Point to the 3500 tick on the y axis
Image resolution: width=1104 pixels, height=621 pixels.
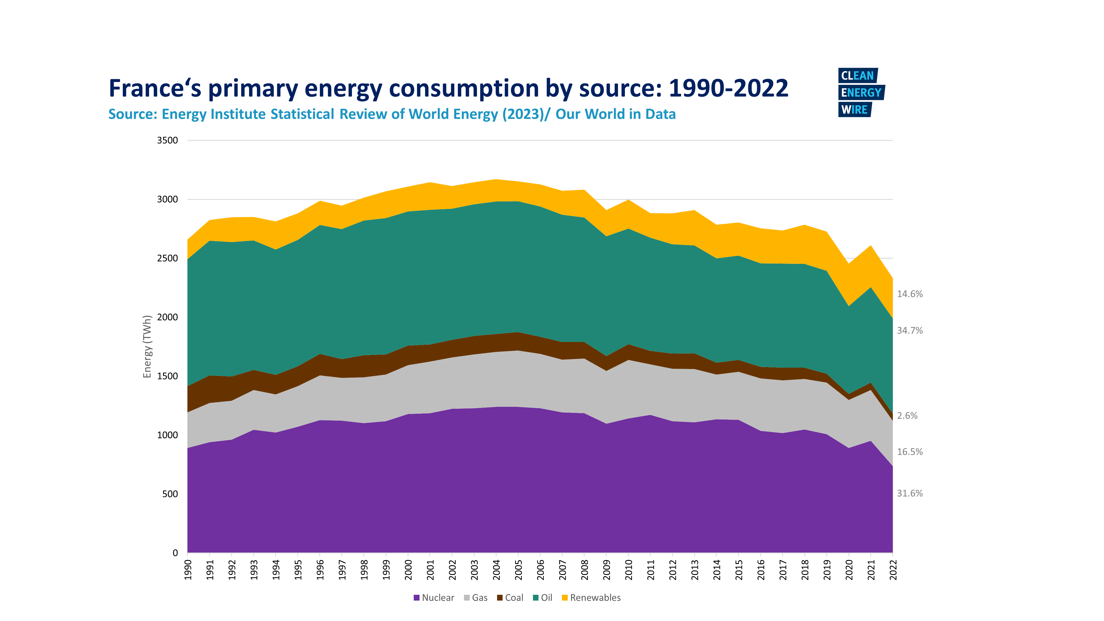click(x=167, y=140)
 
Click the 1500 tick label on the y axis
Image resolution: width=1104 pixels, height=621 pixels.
click(x=167, y=376)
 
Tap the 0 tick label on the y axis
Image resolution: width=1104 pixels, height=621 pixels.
click(x=175, y=553)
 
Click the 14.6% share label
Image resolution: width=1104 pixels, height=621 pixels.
click(x=909, y=294)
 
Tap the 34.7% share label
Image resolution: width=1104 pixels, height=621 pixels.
click(x=909, y=330)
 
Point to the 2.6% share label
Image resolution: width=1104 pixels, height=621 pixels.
click(x=907, y=416)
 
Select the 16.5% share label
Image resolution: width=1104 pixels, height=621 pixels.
click(x=909, y=452)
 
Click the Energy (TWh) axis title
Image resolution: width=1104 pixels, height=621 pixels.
click(x=147, y=346)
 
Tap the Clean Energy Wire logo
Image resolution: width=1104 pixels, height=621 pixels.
click(x=861, y=92)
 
